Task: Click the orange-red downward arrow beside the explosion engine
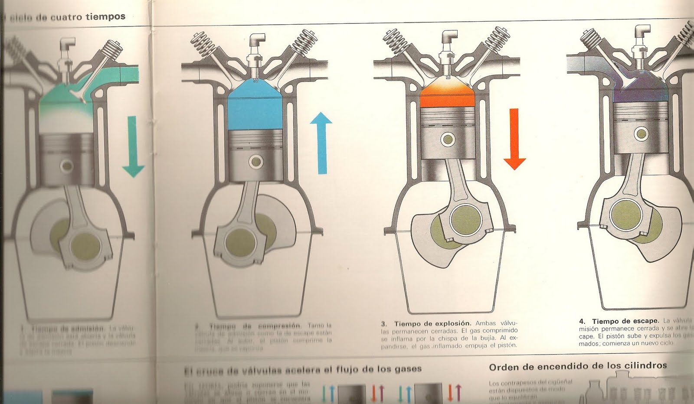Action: coord(514,139)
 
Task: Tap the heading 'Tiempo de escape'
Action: coord(624,321)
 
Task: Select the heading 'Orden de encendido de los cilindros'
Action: coord(577,366)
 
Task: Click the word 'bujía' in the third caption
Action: coord(485,338)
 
